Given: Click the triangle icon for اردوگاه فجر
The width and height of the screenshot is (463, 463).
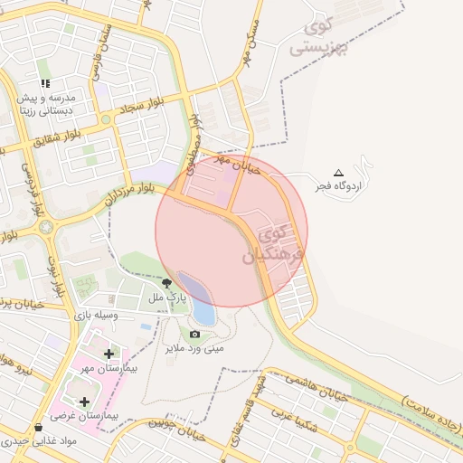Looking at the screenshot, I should point(339,173).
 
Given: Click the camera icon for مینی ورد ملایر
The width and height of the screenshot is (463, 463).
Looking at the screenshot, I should point(194,335).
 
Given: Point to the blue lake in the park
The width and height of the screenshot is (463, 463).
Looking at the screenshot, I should point(200,299).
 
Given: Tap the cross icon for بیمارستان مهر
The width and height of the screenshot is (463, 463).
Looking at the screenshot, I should point(109,354).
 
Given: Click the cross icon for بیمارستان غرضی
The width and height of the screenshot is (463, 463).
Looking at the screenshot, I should point(85,402).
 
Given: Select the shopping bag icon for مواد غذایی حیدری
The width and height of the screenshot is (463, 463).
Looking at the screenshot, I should point(37,428).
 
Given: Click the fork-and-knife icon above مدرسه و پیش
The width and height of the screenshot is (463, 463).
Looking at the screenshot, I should point(44,83).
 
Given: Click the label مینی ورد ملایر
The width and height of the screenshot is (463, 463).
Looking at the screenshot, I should point(194,347).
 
